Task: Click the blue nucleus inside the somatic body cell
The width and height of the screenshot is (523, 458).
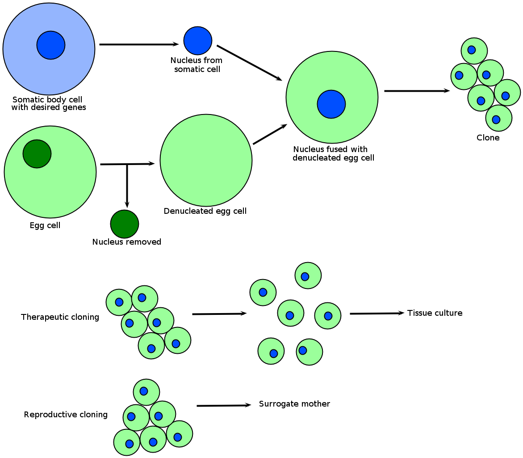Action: point(51,45)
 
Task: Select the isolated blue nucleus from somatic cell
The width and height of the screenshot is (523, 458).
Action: point(198,41)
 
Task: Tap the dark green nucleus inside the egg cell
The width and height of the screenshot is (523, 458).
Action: point(37,154)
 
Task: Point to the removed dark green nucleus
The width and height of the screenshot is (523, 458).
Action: point(125,224)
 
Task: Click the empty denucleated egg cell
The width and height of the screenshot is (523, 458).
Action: point(206,160)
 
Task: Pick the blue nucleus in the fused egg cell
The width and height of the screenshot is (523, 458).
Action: point(331,104)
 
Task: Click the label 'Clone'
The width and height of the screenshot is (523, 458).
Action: point(488,138)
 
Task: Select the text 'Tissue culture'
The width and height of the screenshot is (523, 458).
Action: point(435,313)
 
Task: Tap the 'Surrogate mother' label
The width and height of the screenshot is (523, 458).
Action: point(294,404)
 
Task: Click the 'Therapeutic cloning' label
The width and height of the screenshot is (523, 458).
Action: point(60,317)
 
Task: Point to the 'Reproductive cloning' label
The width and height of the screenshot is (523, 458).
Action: point(66,415)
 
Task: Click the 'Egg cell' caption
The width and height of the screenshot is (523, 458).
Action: point(45,225)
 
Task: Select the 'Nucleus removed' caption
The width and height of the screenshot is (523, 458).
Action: point(126,242)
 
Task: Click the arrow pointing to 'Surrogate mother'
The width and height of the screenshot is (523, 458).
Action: point(223,406)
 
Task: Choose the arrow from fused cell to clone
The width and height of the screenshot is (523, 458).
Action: point(416,91)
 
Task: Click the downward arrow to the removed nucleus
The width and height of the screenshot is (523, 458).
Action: point(127,186)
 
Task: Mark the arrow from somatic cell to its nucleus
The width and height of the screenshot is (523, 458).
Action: point(138,44)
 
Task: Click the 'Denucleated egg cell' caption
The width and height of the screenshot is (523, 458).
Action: point(205,211)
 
